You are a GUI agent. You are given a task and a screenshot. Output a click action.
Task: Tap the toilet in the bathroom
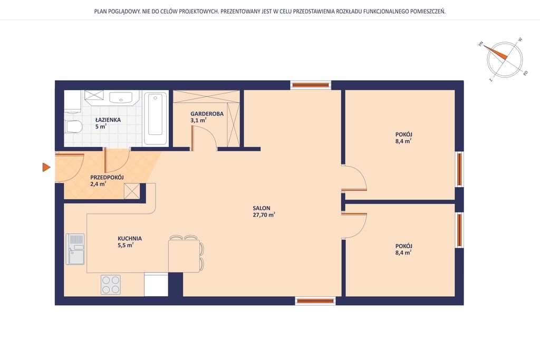point(73,127)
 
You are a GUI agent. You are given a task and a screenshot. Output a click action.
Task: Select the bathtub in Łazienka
point(156,119)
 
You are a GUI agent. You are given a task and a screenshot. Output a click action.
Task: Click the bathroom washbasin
point(121,97)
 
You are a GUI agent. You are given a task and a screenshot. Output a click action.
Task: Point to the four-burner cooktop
point(111,285)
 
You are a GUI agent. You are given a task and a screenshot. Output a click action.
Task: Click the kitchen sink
point(75,249)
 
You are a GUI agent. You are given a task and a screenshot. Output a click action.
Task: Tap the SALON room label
point(262,208)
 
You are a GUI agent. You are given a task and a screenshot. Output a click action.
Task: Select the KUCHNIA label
point(130,238)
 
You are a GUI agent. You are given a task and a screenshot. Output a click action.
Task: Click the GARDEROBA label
point(207,113)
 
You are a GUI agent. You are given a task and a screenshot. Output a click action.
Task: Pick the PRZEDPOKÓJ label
point(107,177)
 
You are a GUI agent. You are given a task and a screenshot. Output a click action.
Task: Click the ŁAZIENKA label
point(108,120)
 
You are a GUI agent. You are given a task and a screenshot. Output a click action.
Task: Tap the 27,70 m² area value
point(264,215)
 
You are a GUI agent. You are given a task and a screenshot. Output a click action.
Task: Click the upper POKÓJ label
point(403,134)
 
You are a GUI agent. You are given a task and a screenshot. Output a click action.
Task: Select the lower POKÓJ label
point(403,246)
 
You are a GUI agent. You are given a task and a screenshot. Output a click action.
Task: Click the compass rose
point(504,60)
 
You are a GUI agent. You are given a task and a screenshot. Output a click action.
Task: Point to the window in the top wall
point(310,85)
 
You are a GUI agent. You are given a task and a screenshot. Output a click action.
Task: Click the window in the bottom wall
point(315,301)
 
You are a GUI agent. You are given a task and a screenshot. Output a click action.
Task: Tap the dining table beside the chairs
point(184,256)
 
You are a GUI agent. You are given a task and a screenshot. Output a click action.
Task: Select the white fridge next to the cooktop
point(156,284)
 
